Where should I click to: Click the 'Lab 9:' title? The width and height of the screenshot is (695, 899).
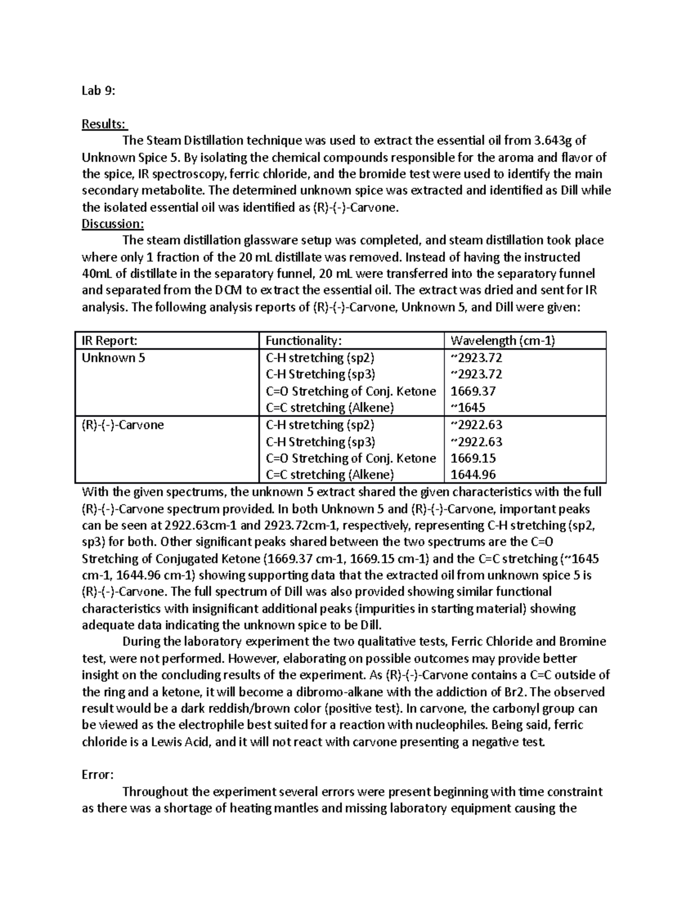98,91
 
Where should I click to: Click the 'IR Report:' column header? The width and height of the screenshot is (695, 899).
109,340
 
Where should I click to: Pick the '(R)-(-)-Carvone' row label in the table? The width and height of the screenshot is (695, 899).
123,425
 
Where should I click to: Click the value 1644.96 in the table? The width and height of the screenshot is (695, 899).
473,475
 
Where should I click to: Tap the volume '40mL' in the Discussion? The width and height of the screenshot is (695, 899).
99,274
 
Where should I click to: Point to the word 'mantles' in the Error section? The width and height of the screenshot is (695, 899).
295,808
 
